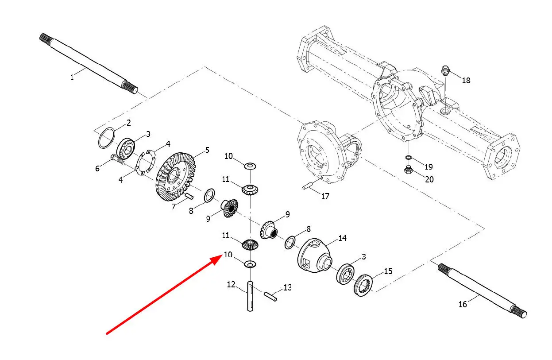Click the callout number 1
click(x=72, y=77)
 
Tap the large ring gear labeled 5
click(x=175, y=177)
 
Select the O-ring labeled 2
click(x=106, y=138)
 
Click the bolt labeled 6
click(x=118, y=160)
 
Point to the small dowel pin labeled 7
click(x=189, y=196)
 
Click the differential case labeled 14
click(x=315, y=255)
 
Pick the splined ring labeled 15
click(x=363, y=285)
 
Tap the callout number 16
click(x=463, y=304)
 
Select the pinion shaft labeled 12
click(x=250, y=296)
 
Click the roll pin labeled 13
click(x=270, y=297)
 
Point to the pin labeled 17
click(x=308, y=186)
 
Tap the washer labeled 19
click(x=408, y=158)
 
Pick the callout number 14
click(x=343, y=238)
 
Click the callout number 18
click(x=466, y=81)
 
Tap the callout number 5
click(x=207, y=150)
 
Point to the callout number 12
click(x=231, y=285)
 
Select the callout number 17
click(x=325, y=196)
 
